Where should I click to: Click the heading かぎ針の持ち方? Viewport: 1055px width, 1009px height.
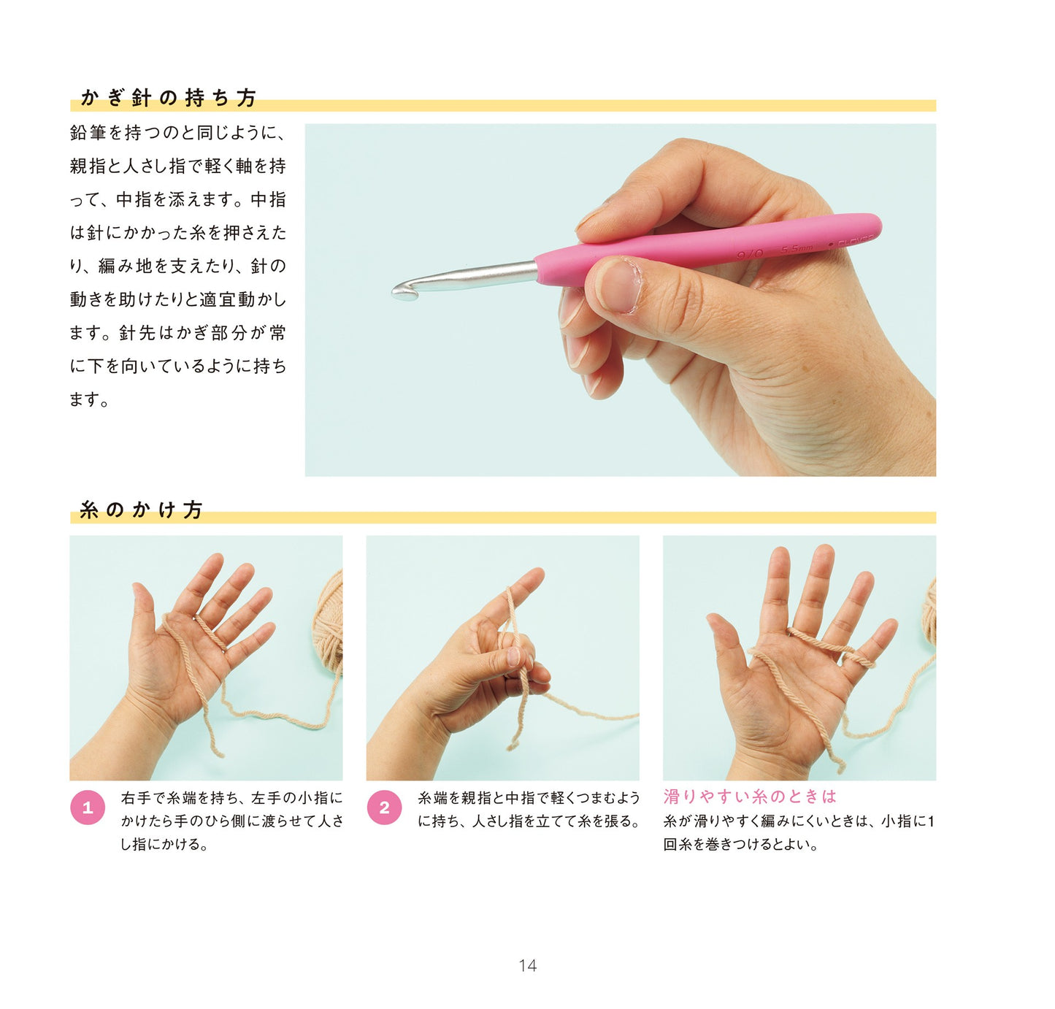[168, 98]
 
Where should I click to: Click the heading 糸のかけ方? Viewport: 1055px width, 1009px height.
[141, 510]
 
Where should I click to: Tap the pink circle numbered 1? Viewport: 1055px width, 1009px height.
[88, 807]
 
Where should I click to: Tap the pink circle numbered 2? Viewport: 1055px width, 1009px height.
[384, 807]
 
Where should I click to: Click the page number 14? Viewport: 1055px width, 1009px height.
[527, 966]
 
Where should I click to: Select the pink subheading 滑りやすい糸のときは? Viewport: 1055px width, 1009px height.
[750, 796]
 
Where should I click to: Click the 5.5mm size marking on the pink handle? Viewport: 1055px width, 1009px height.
[797, 249]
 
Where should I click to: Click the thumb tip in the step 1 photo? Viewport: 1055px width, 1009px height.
[138, 588]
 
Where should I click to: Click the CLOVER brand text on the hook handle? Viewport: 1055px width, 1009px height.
[856, 239]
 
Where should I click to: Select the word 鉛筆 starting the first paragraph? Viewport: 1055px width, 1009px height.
[88, 132]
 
